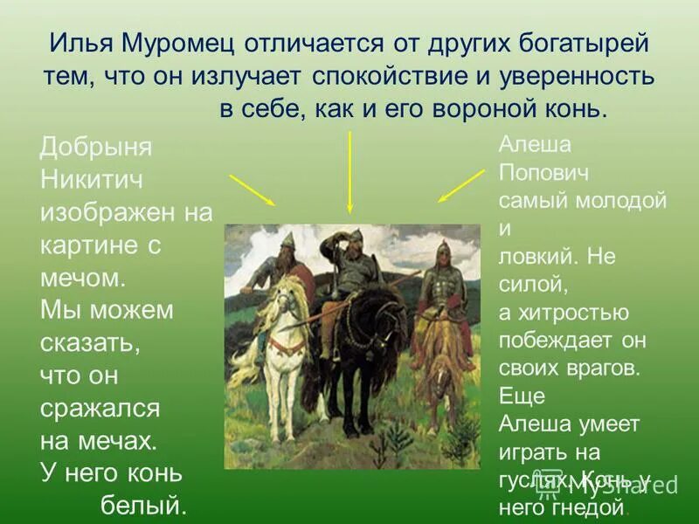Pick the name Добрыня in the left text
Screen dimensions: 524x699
96,147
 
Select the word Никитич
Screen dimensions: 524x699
92,180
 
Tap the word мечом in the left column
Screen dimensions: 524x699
84,278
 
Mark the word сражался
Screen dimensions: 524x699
100,408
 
